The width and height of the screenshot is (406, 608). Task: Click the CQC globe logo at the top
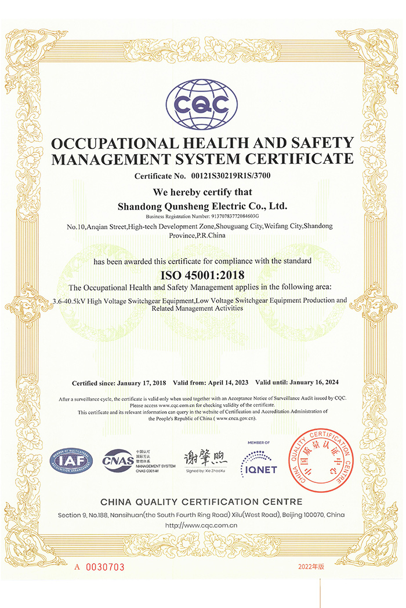click(x=202, y=105)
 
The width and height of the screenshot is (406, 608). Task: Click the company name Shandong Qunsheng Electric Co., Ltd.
click(x=202, y=206)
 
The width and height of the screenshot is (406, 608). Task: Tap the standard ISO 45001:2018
click(x=202, y=275)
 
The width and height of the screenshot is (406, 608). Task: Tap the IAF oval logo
click(x=70, y=460)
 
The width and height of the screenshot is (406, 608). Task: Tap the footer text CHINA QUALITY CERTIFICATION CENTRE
click(x=202, y=501)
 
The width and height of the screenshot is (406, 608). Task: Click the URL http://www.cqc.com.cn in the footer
click(x=202, y=526)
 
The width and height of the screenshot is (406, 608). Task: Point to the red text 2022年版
click(x=317, y=567)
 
